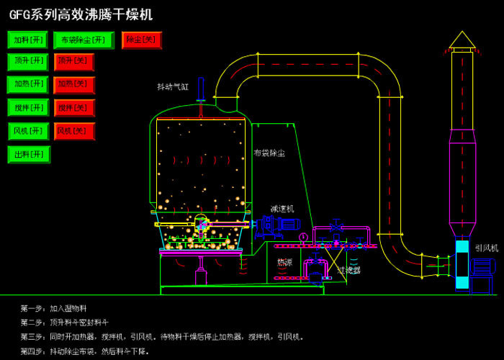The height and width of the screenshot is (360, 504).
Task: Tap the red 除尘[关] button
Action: click(x=142, y=40)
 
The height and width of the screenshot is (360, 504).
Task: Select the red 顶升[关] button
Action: click(x=74, y=62)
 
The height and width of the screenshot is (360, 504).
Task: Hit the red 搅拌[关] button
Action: click(x=74, y=108)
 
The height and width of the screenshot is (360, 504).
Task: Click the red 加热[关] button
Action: click(x=74, y=84)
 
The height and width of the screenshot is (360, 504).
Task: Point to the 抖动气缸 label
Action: click(x=173, y=86)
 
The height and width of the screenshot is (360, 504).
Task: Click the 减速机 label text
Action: click(x=282, y=207)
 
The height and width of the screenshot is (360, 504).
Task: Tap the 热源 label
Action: click(x=285, y=262)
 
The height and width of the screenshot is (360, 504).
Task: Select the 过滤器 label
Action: click(x=349, y=270)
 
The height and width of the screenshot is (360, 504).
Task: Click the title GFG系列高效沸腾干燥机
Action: click(x=81, y=14)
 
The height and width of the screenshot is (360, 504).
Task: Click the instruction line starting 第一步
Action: click(x=58, y=307)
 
